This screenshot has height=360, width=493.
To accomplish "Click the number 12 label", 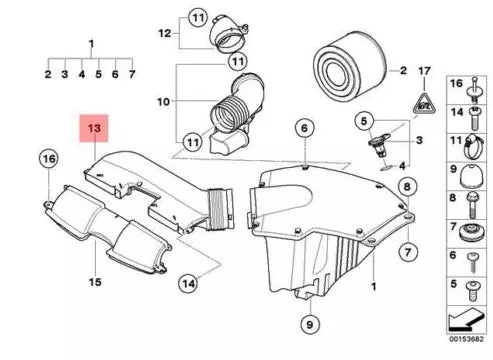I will coord(164,33).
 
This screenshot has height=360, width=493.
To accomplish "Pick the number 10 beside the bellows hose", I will coord(163,101).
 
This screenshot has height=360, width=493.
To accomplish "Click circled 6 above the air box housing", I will coord(303,127).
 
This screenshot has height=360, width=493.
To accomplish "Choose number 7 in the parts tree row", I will coord(131,74).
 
